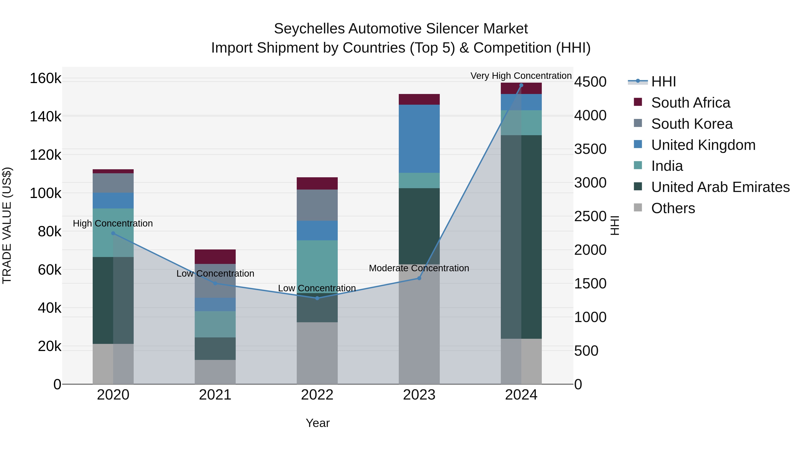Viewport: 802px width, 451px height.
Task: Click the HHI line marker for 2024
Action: (521, 85)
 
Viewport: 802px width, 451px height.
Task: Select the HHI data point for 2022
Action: (317, 298)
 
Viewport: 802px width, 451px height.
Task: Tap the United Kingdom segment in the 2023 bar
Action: (419, 139)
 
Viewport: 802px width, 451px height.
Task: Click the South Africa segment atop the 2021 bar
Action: (215, 257)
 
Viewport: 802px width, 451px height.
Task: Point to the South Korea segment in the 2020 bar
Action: (113, 183)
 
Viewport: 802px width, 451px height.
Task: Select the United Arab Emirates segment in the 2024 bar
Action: (521, 237)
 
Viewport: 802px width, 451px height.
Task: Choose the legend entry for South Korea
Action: (692, 124)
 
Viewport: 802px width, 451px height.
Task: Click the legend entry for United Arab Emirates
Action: (720, 187)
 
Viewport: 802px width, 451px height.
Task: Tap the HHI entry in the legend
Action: (663, 82)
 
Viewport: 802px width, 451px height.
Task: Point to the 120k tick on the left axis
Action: (45, 155)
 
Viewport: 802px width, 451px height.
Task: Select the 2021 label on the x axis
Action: (215, 395)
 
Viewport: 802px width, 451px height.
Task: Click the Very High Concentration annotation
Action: (521, 76)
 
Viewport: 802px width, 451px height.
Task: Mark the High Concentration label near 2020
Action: (113, 223)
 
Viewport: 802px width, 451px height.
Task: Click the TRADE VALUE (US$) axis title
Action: (7, 225)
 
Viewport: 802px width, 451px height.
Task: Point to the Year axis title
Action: (317, 423)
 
